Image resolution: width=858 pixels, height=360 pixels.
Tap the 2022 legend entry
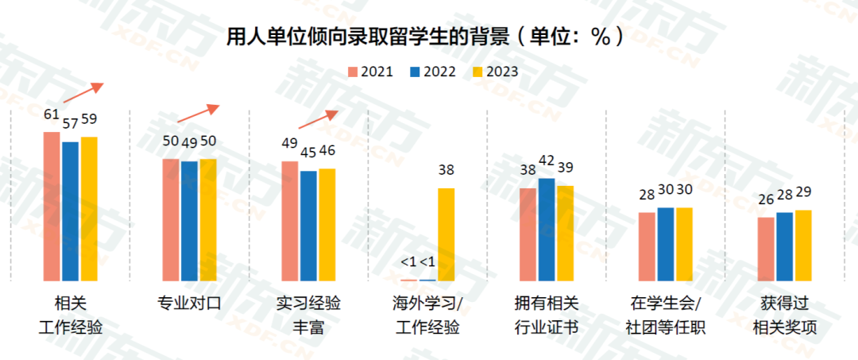point(433,72)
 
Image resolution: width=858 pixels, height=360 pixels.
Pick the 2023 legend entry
point(495,72)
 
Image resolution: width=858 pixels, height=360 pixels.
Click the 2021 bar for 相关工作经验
point(52,207)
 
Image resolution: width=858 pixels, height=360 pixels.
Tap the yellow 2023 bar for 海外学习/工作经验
point(446,234)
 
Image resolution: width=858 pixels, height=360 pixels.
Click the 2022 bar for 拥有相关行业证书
point(547,230)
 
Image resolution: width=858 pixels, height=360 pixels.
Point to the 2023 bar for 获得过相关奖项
point(803,246)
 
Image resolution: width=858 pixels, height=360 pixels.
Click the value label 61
point(52,114)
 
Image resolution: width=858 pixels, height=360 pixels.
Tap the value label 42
point(547,161)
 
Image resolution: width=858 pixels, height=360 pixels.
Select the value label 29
point(803,193)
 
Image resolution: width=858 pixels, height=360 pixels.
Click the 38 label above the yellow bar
point(446,170)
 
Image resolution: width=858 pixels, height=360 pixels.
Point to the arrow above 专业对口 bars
point(197,114)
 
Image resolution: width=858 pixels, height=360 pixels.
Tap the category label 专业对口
point(189,304)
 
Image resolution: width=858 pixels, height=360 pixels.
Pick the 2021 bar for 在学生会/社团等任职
point(647,246)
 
